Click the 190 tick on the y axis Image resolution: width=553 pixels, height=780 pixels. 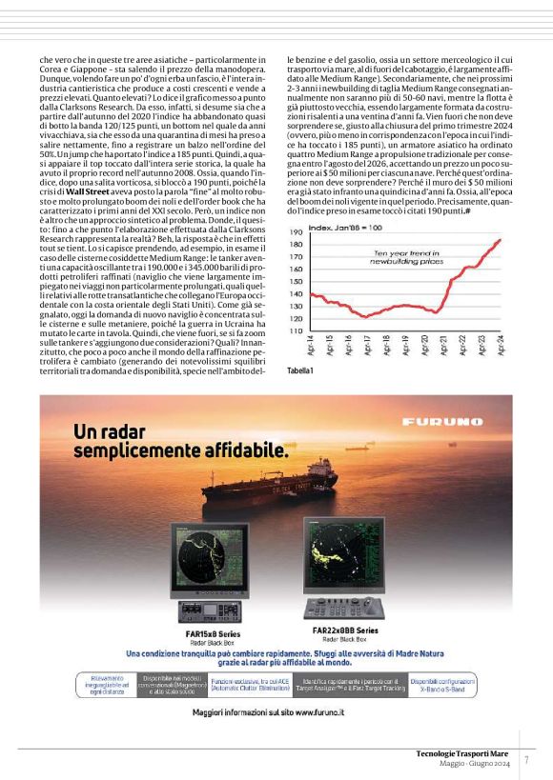(x=296, y=231)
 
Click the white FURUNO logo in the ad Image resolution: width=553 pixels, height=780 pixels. (x=461, y=422)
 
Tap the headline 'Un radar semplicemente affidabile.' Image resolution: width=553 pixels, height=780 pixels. (x=179, y=439)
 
